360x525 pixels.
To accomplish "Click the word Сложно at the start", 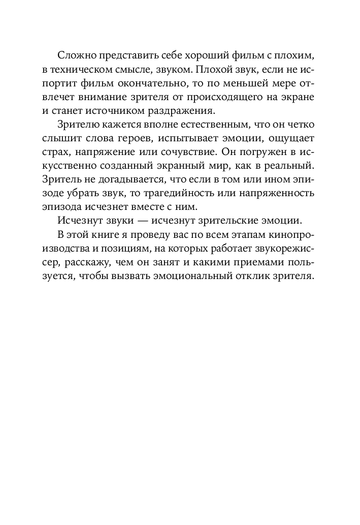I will point(75,55).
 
